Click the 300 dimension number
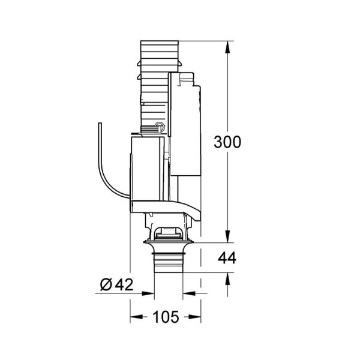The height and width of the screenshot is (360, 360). (x=227, y=142)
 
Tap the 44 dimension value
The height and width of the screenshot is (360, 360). (x=227, y=258)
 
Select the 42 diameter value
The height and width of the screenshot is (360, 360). (x=124, y=284)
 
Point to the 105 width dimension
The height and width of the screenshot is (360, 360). (x=166, y=317)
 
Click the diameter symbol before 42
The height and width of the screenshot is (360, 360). (x=106, y=284)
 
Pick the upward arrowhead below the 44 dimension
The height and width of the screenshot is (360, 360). (x=227, y=279)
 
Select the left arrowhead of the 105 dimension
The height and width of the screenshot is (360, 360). (x=136, y=317)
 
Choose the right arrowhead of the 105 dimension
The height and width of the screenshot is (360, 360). (x=194, y=317)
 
